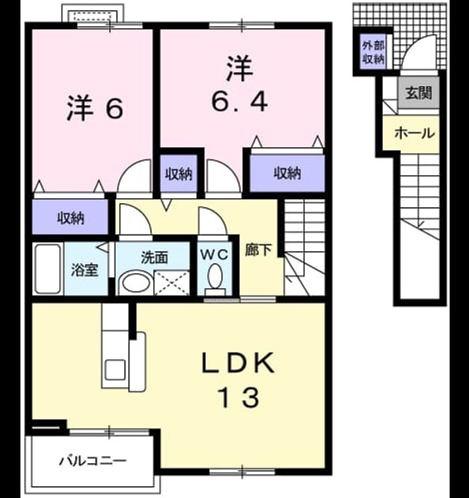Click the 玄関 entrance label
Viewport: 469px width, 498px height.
tap(419, 93)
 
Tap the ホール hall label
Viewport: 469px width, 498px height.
tap(414, 133)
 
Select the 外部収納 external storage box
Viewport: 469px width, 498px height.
tap(373, 52)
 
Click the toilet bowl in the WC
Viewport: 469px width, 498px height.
tap(215, 276)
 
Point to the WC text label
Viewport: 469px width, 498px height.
tap(214, 255)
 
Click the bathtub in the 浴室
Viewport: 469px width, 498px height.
tap(47, 269)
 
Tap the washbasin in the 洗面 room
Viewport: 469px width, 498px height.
tap(136, 282)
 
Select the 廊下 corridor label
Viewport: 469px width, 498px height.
tap(258, 251)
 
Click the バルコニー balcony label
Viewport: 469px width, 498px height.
tap(93, 460)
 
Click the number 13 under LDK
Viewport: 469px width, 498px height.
tap(240, 398)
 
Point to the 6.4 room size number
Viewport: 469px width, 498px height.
tap(240, 101)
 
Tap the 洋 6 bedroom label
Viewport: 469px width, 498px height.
tap(94, 108)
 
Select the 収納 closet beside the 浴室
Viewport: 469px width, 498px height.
tap(70, 217)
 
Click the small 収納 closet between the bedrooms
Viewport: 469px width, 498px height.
tap(179, 173)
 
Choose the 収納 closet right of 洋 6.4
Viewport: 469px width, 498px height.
tap(287, 173)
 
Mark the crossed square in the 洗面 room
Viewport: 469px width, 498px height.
tap(172, 283)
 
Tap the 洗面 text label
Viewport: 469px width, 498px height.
tap(154, 257)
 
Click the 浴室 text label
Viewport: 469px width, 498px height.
tap(85, 270)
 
